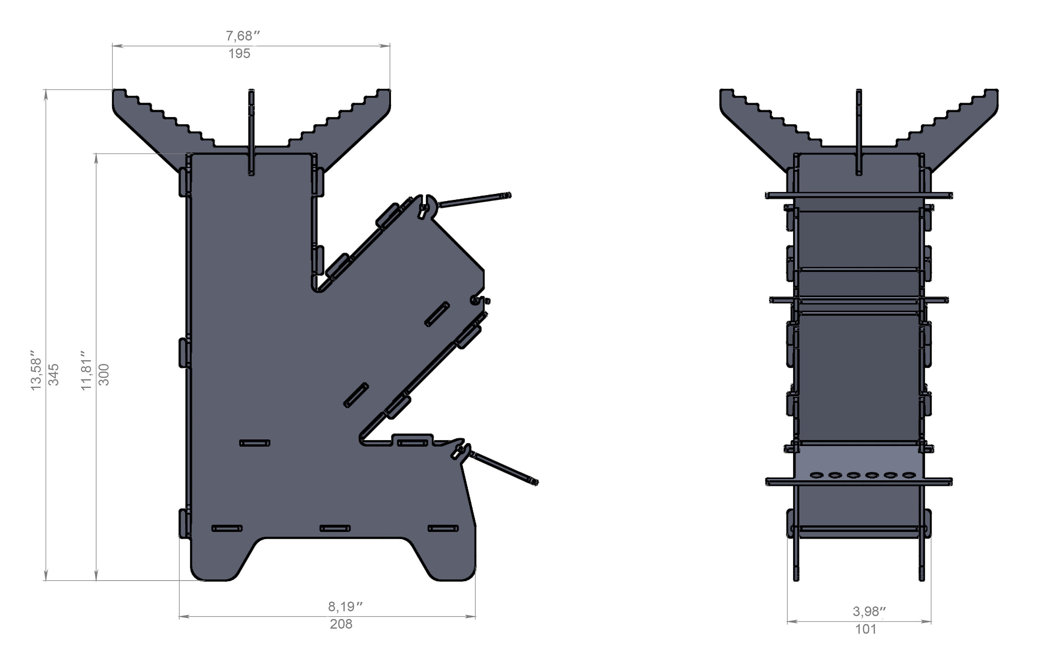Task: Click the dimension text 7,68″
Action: coord(243,36)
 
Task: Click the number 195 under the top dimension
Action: coord(239,54)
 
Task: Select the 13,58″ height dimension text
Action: coord(36,374)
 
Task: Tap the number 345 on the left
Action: coord(54,374)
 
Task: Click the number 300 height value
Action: coord(104,374)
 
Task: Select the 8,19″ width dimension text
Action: coord(345,607)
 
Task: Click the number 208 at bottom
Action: coord(341,624)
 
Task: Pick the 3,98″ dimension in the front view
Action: coord(869,611)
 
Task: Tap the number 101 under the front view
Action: coord(866,629)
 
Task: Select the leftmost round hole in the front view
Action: coord(817,475)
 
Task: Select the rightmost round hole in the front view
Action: coord(909,475)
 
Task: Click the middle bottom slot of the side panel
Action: coord(335,528)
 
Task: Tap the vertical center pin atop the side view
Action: coord(251,132)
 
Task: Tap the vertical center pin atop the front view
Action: coord(859,132)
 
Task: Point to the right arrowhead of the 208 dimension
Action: coord(472,617)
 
